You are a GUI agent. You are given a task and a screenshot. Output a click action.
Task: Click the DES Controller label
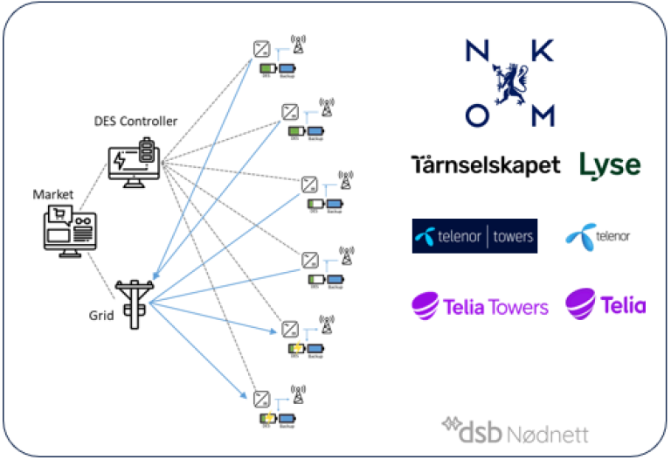pos(135,122)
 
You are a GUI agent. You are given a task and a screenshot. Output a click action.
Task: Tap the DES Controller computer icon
pos(135,161)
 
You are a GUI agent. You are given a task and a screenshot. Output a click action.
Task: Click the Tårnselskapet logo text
pos(486,164)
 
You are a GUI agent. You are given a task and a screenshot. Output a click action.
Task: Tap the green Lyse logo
pos(609,164)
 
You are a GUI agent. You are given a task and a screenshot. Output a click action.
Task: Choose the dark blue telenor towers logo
pos(474,236)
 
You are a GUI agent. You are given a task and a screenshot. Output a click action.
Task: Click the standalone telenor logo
pos(598,236)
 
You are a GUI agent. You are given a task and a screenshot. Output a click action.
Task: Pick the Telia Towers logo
pos(481,306)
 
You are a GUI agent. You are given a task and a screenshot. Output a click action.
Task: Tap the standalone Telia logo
pos(605,304)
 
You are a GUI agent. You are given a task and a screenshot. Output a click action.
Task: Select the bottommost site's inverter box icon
pos(261,398)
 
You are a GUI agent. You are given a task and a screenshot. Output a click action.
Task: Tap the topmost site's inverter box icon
pos(261,50)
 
